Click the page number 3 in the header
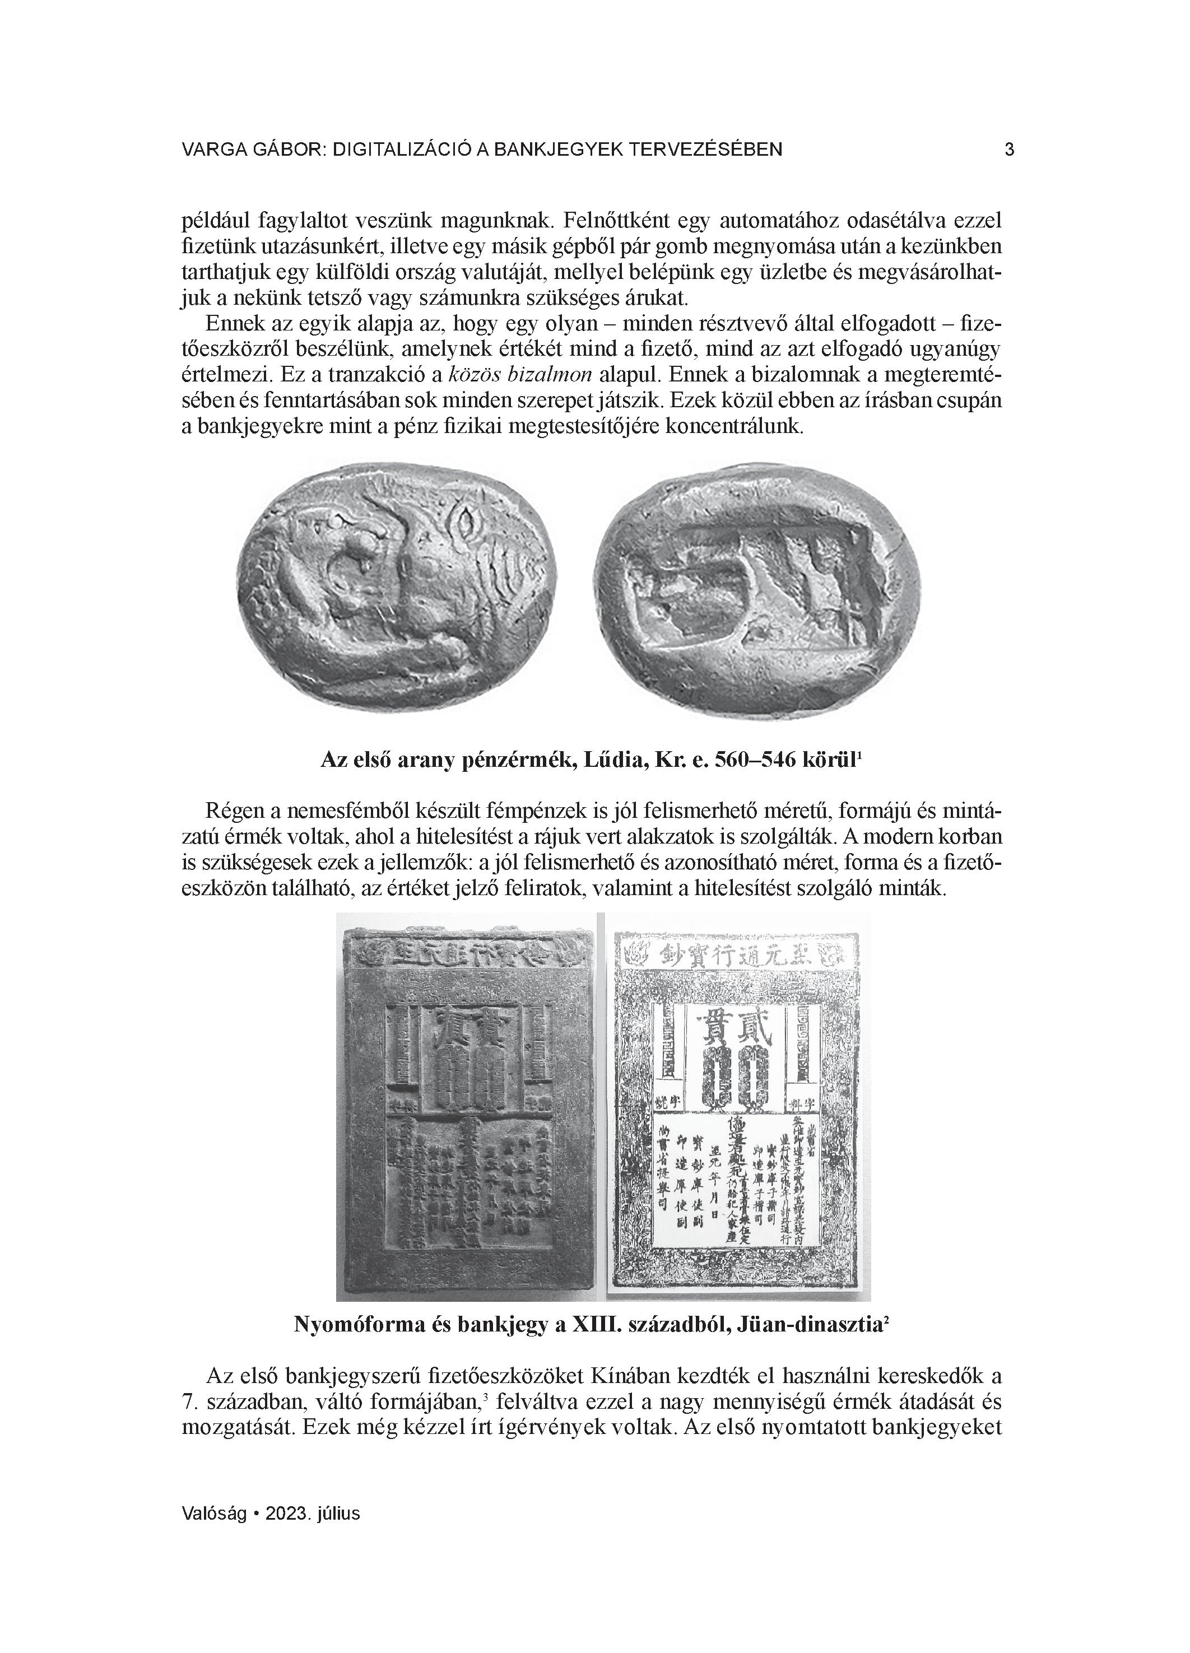click(x=1009, y=150)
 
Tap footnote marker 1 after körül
click(x=861, y=755)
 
